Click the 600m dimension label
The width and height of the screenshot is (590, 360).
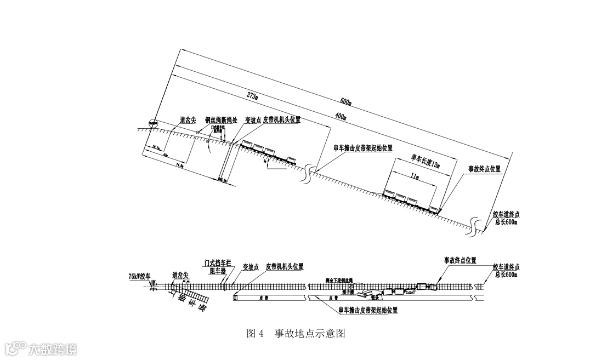(x=345, y=102)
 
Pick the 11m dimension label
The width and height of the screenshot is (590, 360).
(x=415, y=177)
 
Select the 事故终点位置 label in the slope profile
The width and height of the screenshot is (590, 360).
(x=484, y=169)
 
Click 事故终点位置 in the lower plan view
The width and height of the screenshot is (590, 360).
(x=459, y=260)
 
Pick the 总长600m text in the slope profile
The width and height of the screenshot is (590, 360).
(x=506, y=222)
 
